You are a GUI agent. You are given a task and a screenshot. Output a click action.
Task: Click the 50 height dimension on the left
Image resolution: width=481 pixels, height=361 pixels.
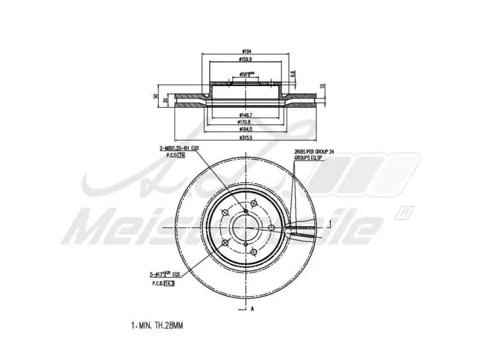coord(156,96)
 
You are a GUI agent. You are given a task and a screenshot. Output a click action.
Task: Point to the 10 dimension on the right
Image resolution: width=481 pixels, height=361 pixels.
coord(322,86)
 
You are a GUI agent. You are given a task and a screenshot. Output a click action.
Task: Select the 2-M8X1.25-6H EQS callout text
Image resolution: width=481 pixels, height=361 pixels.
coord(179,148)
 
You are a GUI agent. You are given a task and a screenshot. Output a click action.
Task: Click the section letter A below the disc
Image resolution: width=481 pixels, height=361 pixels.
coord(253,309)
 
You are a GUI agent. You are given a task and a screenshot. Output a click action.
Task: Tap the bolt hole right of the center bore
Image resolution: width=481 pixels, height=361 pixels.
coord(272,227)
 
